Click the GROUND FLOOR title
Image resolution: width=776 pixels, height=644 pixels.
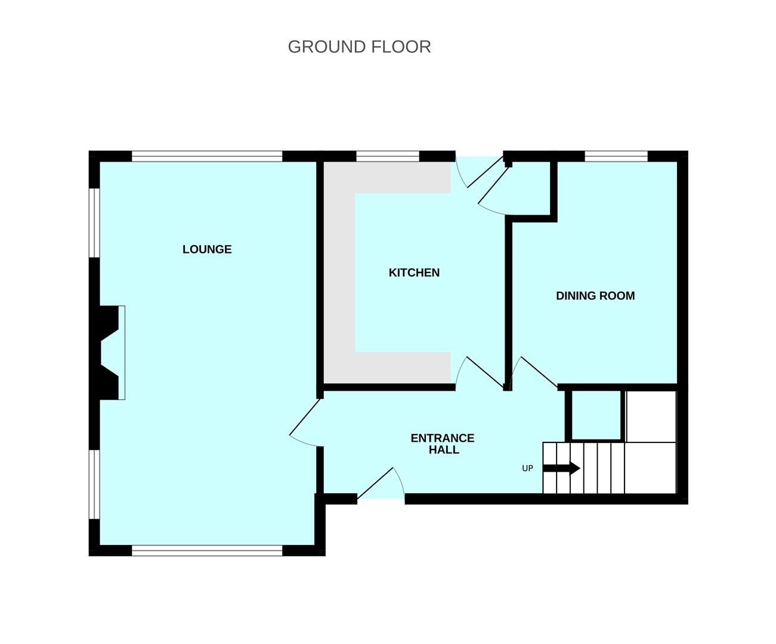(x=360, y=47)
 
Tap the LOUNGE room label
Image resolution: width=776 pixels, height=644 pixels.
(x=207, y=249)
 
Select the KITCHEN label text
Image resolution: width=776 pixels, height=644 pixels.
(x=414, y=273)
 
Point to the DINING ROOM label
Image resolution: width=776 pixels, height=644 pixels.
(x=595, y=296)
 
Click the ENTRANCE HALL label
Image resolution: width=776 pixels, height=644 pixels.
(x=443, y=444)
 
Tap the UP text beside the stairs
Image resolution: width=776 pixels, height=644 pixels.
(x=527, y=469)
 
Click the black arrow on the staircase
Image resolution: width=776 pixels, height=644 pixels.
(x=561, y=468)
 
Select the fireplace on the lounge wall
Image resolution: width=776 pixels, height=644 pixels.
(x=110, y=352)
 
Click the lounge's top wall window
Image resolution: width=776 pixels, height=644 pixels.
(x=207, y=156)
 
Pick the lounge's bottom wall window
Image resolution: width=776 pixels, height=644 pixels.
(x=207, y=550)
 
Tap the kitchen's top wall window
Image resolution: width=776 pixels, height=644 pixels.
(x=388, y=156)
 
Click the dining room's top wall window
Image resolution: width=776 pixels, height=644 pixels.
(x=616, y=156)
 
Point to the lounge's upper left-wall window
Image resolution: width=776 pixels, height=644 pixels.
(x=94, y=223)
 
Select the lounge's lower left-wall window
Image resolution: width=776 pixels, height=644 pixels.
(x=94, y=485)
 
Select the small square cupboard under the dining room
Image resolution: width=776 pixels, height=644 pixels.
(x=596, y=414)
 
